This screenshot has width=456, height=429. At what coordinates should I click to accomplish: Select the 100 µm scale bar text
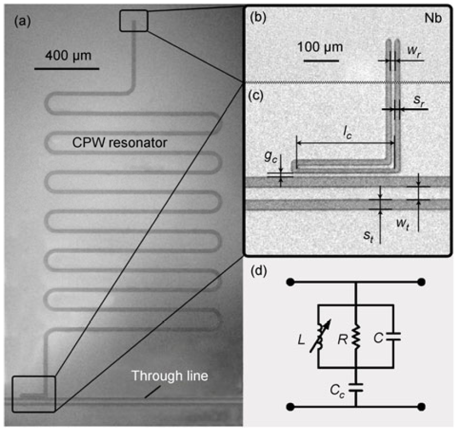[x=320, y=48]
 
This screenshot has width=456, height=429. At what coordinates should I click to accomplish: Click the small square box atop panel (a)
[x=134, y=21]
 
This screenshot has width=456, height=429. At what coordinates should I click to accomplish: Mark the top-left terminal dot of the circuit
[x=291, y=283]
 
